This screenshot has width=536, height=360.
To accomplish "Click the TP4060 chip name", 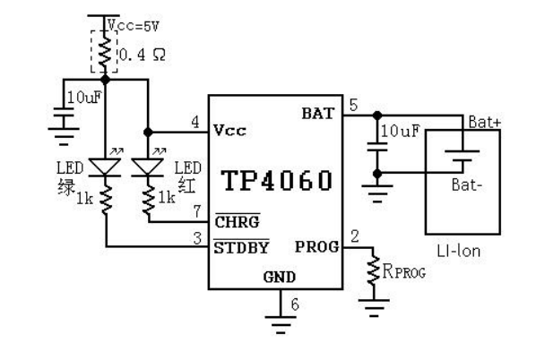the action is point(277,180).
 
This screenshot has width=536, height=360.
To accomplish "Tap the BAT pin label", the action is point(317,114).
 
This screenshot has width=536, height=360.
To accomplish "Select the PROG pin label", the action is point(317,247).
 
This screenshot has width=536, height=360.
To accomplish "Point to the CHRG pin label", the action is point(237,222).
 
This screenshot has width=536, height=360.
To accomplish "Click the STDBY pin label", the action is point(241,248).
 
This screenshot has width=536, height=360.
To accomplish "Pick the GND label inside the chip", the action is point(280,277).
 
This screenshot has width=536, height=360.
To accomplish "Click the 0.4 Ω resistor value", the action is point(143,55).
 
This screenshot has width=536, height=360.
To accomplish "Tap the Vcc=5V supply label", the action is point(134,26).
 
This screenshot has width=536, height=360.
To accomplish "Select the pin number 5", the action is point(353,105).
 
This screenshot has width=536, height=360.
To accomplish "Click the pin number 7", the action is point(197,211).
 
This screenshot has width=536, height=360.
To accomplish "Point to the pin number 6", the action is point(295,304).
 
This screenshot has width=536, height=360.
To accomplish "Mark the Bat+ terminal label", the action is point(484,122).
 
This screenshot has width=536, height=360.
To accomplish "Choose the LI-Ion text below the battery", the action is point(458,251).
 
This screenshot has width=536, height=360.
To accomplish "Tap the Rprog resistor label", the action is point(403,271).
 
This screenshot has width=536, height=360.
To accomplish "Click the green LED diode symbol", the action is point(105,167).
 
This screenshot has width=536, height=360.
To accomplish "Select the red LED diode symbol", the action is point(147,167).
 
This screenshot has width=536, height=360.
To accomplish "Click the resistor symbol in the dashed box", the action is point(105,52).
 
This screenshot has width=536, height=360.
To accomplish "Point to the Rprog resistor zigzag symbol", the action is point(373,270).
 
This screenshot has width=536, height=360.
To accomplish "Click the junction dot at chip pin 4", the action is point(148,132).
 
